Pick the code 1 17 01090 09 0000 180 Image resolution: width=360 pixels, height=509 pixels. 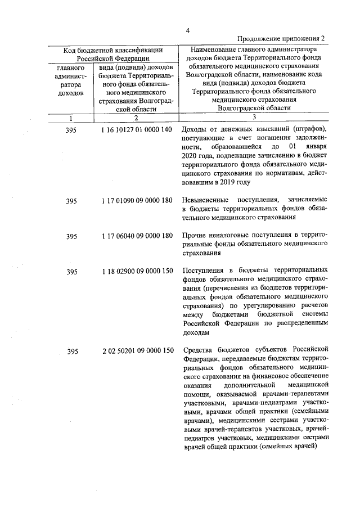tap(137, 201)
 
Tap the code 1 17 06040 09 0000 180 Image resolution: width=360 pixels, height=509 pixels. tap(137, 237)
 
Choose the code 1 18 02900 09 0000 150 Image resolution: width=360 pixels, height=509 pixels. tap(137, 272)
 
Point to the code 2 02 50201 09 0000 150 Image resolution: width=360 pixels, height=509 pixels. tap(137, 353)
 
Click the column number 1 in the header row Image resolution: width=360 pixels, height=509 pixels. tap(71, 118)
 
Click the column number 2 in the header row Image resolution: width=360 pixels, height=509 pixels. tap(136, 118)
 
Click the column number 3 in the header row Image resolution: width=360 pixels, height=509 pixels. tap(254, 117)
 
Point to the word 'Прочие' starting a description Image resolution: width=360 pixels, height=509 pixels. tap(194, 236)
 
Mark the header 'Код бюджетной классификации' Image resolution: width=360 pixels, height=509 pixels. tap(113, 50)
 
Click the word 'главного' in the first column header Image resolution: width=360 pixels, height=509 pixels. tap(71, 68)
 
